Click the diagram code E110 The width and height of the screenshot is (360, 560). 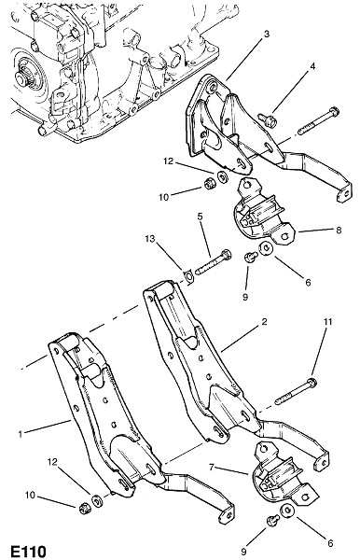[x=29, y=551]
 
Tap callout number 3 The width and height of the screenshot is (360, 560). [x=266, y=34]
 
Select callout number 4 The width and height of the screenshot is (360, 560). [x=312, y=66]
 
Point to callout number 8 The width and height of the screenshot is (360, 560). [x=339, y=230]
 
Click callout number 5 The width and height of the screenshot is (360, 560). [x=200, y=217]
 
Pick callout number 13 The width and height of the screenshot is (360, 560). [x=150, y=239]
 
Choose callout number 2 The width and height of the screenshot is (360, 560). [x=264, y=322]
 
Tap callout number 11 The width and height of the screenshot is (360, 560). [x=327, y=322]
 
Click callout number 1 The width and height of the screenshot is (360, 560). [x=21, y=434]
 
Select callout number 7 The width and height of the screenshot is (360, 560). [x=212, y=468]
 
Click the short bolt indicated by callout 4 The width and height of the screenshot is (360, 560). [x=269, y=120]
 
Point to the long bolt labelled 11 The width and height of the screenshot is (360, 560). [x=296, y=392]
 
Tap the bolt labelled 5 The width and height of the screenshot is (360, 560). [x=213, y=262]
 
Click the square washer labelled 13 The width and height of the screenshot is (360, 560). [x=188, y=276]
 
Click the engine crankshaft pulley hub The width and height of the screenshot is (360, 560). [x=22, y=76]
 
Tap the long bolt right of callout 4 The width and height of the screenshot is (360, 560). [x=318, y=121]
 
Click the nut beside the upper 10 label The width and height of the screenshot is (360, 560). [x=208, y=184]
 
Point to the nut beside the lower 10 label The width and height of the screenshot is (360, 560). [x=84, y=508]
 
